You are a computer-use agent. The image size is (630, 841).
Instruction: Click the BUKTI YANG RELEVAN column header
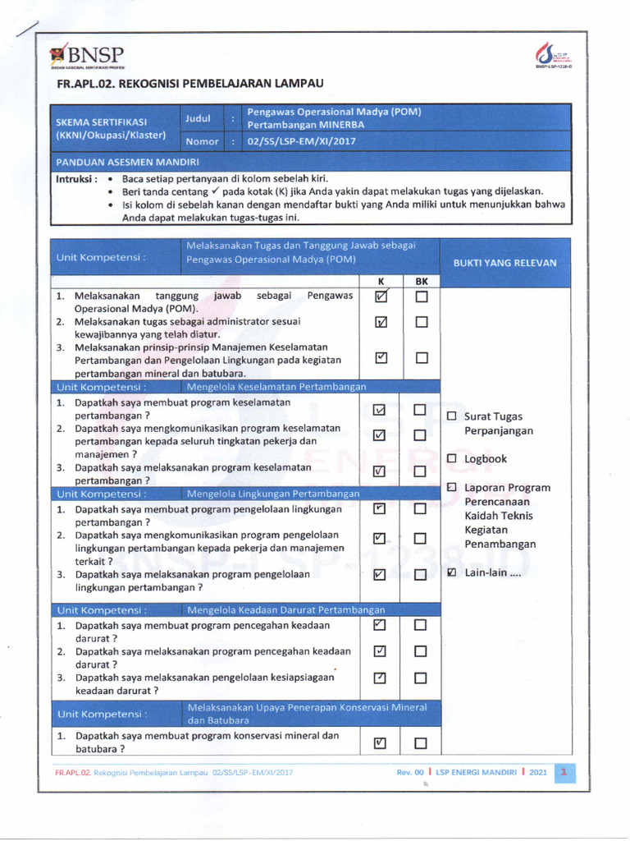pos(504,263)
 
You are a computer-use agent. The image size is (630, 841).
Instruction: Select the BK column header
pos(422,281)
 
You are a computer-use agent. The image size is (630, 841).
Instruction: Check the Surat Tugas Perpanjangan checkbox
pos(451,416)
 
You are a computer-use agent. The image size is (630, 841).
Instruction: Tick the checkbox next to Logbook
pos(451,458)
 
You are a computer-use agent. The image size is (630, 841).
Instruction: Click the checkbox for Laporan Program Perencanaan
pos(451,487)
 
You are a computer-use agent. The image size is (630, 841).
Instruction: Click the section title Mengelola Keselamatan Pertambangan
pos(276,386)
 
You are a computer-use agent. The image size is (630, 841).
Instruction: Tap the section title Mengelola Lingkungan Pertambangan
pos(273,494)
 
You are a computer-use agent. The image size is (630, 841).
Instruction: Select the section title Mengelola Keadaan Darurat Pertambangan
pos(285,609)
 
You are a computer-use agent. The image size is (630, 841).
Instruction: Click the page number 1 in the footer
pos(564,772)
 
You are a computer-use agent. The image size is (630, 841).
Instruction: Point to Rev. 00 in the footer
pos(410,772)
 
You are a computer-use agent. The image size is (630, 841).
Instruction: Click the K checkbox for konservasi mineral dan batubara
pos(379,743)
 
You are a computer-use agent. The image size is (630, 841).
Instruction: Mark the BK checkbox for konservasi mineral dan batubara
pos(422,744)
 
